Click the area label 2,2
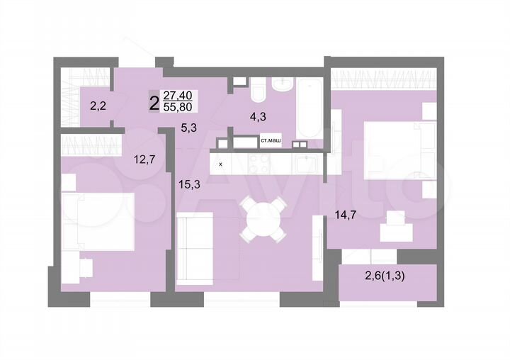tap(98, 107)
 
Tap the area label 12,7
tap(144, 159)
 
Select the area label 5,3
tap(189, 128)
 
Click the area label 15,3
tap(188, 184)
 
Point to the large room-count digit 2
tap(154, 102)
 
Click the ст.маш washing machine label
tap(271, 142)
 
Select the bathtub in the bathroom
tap(310, 110)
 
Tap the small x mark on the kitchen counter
tap(221, 164)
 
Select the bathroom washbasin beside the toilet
tap(280, 86)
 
